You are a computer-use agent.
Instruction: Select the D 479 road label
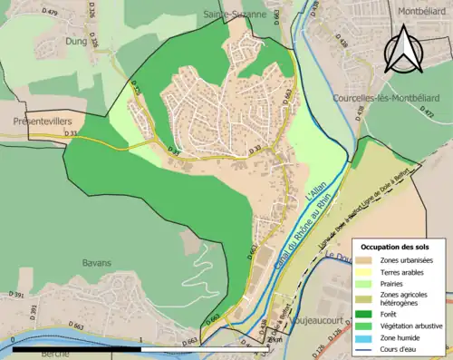pos(50,13)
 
